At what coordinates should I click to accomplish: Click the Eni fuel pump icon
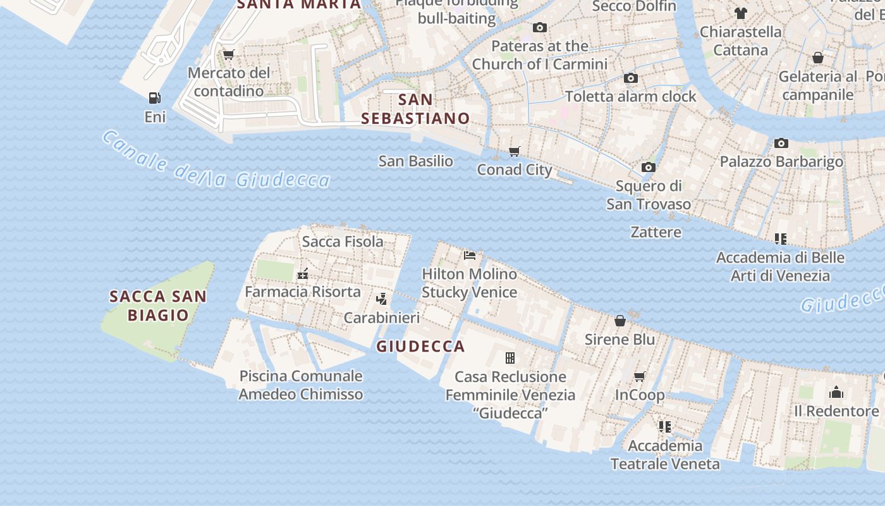click(x=154, y=98)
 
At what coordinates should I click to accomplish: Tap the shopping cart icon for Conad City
click(x=515, y=151)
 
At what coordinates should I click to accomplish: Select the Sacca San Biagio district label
click(x=158, y=305)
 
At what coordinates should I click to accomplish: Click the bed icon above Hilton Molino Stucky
click(x=470, y=255)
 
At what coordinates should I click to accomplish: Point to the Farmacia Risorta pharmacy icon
click(x=303, y=274)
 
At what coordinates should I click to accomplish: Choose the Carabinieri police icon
click(x=381, y=299)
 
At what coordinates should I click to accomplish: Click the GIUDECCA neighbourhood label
click(x=420, y=347)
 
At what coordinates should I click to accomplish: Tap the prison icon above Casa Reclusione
click(x=510, y=358)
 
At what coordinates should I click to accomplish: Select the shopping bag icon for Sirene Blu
click(x=620, y=321)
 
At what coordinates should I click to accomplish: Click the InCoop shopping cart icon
click(x=640, y=377)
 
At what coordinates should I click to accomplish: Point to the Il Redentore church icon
click(x=836, y=393)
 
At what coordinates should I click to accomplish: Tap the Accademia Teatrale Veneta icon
click(x=664, y=427)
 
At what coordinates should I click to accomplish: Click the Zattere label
click(x=656, y=232)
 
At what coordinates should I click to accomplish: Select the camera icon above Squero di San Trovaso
click(x=648, y=168)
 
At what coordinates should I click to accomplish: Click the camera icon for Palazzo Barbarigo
click(x=781, y=143)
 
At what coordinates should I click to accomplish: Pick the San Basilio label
click(x=415, y=161)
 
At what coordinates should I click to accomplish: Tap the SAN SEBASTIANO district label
click(x=415, y=109)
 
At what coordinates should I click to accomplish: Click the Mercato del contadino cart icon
click(x=229, y=54)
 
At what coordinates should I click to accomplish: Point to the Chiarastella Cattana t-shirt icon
click(x=741, y=13)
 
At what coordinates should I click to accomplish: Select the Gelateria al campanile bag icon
click(x=818, y=58)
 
